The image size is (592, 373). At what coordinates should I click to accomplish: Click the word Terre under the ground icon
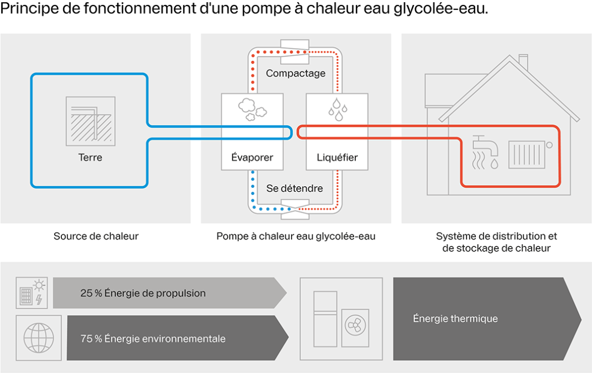(x=90, y=157)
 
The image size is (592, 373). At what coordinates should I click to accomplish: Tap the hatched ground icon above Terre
(x=90, y=121)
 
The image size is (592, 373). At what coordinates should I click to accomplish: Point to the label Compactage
(x=295, y=73)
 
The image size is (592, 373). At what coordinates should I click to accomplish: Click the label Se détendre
(x=294, y=188)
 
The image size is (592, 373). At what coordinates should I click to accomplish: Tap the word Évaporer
(x=252, y=157)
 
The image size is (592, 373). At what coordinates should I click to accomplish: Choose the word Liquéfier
(x=337, y=157)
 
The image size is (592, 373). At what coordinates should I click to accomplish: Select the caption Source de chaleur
(x=96, y=236)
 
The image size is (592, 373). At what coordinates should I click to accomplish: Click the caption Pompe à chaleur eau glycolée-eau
(x=295, y=236)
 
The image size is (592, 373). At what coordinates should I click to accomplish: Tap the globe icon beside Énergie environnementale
(x=39, y=337)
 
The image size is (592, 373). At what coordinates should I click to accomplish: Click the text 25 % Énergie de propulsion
(x=143, y=293)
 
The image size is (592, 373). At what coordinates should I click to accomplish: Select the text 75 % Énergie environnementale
(x=152, y=339)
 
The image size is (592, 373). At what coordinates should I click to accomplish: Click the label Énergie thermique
(x=455, y=318)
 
